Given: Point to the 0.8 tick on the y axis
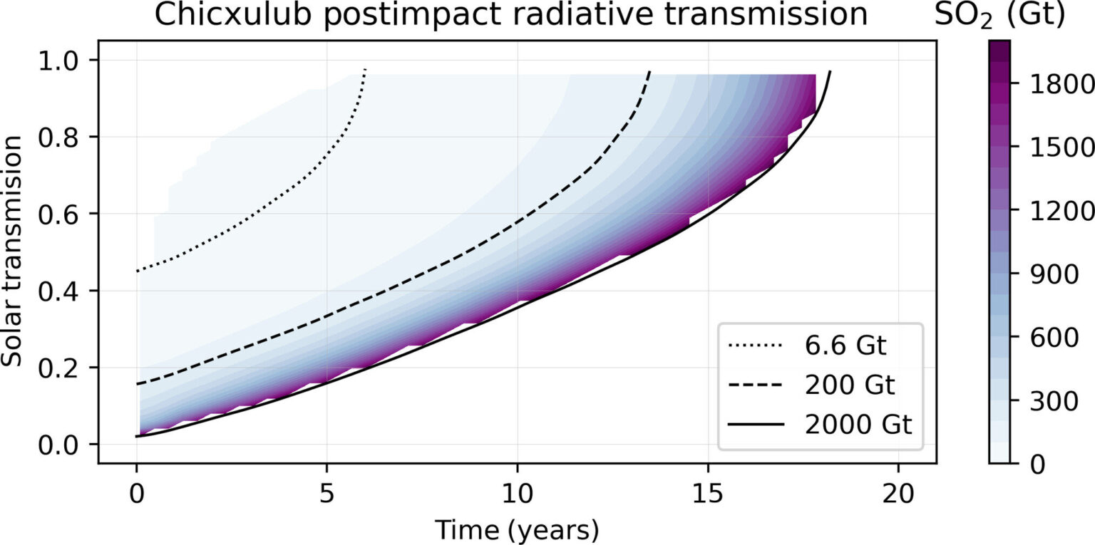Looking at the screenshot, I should [69, 137].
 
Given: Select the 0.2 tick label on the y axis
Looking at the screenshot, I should [69, 368].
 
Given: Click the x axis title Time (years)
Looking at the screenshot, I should [517, 529].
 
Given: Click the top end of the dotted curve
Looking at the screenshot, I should [365, 70].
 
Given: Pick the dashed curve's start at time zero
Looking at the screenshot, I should [137, 385].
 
